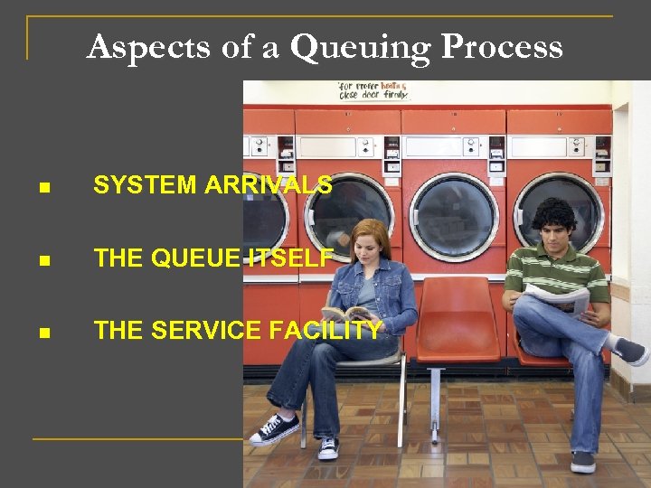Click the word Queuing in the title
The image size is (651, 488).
(x=360, y=46)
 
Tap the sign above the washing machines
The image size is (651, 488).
(x=373, y=90)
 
